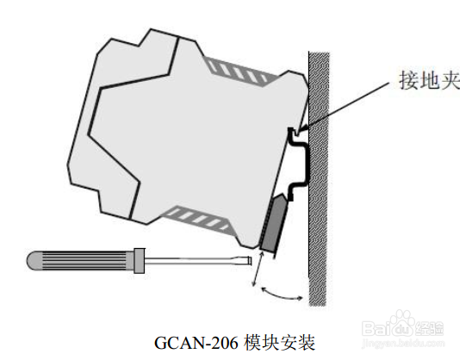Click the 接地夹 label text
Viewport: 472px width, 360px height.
(430, 80)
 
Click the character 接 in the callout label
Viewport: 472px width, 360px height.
(409, 80)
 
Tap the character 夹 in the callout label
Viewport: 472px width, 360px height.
(450, 80)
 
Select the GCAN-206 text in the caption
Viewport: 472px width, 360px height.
(196, 342)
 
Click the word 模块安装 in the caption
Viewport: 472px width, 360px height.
(280, 342)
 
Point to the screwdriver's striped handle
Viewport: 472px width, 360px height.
(80, 260)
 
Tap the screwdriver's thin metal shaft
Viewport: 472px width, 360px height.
(198, 261)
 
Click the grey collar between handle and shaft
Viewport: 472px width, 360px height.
(139, 261)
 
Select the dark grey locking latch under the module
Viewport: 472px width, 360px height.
(274, 224)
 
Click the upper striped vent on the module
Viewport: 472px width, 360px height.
(240, 71)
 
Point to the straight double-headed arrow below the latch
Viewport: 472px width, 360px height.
(258, 269)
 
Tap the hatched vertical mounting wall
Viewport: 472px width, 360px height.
(319, 179)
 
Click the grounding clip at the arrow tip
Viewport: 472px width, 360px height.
(293, 133)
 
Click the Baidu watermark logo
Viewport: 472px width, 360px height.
(403, 326)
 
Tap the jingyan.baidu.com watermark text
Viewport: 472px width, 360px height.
(403, 343)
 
